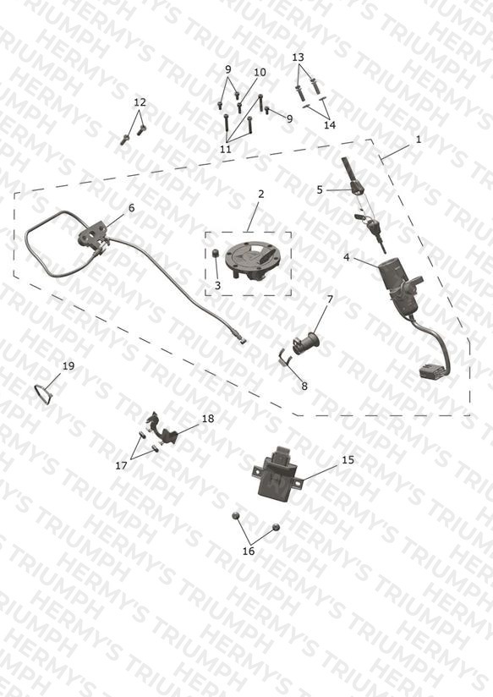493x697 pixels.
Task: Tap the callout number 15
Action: (348, 459)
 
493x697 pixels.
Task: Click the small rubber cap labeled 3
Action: (215, 254)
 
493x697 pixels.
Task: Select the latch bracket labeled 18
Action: (163, 429)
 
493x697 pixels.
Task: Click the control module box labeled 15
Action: (279, 473)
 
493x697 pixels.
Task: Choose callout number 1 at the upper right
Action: (419, 139)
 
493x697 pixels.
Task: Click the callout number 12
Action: (140, 102)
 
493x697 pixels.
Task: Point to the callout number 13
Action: (299, 58)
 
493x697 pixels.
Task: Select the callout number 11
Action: (226, 150)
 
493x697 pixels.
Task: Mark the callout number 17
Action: (121, 465)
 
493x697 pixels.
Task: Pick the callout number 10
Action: (260, 72)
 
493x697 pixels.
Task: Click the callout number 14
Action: (330, 125)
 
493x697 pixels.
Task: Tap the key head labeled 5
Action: (357, 188)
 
